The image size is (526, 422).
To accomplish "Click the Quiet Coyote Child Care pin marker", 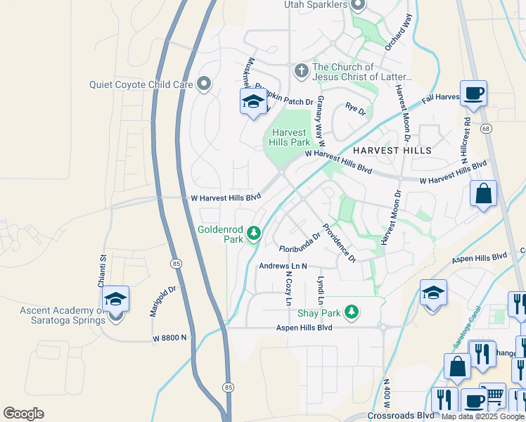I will coord(204,84).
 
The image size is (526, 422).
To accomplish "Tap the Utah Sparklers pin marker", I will coord(357,6).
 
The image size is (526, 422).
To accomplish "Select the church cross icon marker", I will coord(301,70).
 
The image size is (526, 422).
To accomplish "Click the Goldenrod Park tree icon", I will coord(253,234).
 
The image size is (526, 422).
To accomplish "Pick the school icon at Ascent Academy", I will coord(115,301).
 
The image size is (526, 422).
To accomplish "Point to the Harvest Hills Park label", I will coord(289,137).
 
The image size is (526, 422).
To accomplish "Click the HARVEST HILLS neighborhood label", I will coord(392,151).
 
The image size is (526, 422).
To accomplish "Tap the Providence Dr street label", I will coord(340,243).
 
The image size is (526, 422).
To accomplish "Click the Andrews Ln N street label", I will coord(283,267).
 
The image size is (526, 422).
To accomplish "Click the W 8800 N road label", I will coord(171,338).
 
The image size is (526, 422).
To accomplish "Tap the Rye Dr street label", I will coord(356,109).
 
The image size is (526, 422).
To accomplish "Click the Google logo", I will coord(23,414).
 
